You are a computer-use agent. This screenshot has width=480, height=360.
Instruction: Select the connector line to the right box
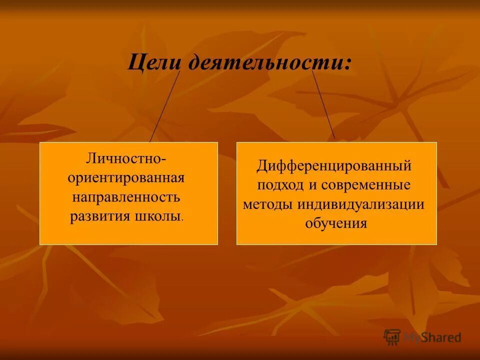pyautogui.click(x=323, y=104)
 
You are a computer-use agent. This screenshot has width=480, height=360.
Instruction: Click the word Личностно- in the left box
pyautogui.click(x=128, y=159)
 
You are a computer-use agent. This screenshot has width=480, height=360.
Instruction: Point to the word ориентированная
pyautogui.click(x=128, y=178)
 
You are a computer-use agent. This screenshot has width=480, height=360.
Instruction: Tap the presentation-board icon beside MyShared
pyautogui.click(x=392, y=336)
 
